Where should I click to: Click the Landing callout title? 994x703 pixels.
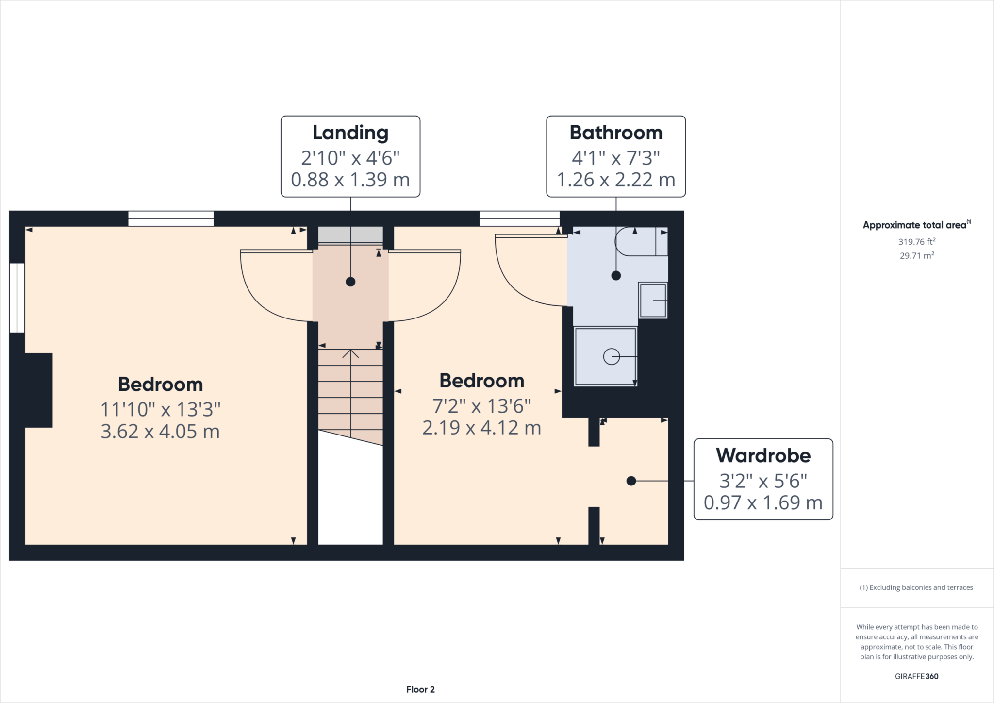point(350,133)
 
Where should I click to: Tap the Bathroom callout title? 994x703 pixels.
point(615,133)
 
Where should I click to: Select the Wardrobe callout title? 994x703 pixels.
point(763,455)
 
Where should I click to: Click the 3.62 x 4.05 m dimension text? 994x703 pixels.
point(160,431)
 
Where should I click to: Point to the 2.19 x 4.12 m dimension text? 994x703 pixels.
point(481,428)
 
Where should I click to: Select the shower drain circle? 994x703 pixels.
point(611,357)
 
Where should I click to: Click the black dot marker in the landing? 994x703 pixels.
point(350,282)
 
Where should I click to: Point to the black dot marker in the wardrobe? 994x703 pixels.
point(631,481)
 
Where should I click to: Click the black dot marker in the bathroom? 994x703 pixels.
point(616,276)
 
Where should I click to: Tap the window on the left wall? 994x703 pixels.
point(17,298)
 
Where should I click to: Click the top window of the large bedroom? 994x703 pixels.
point(171,218)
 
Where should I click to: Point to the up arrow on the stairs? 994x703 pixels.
point(350,354)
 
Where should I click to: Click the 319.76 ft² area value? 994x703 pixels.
point(916,241)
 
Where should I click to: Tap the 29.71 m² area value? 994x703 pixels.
point(916,255)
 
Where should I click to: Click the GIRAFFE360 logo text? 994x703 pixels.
point(916,676)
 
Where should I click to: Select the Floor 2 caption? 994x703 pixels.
point(420,689)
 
